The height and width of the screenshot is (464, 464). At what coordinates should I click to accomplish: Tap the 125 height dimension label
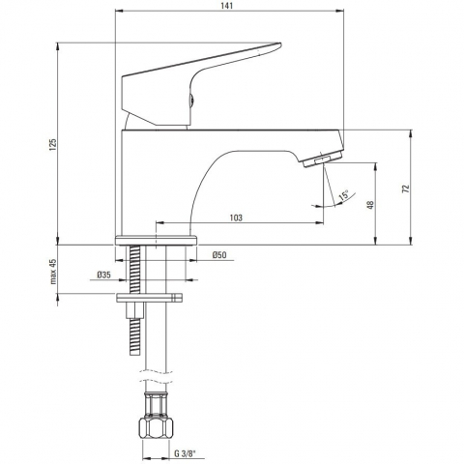[53, 145]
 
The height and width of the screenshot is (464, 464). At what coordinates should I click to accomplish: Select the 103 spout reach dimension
[236, 217]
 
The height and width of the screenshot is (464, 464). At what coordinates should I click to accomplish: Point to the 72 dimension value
[406, 188]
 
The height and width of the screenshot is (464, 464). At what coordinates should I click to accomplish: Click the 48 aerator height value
[370, 205]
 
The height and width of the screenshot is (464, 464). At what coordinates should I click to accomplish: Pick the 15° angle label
[343, 195]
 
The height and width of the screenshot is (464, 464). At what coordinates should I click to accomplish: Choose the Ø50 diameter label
[219, 255]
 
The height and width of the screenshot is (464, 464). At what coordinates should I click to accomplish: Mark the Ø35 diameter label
[103, 275]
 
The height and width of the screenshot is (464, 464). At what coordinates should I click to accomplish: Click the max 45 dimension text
[53, 272]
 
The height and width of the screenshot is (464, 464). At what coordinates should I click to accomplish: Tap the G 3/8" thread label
[185, 453]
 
